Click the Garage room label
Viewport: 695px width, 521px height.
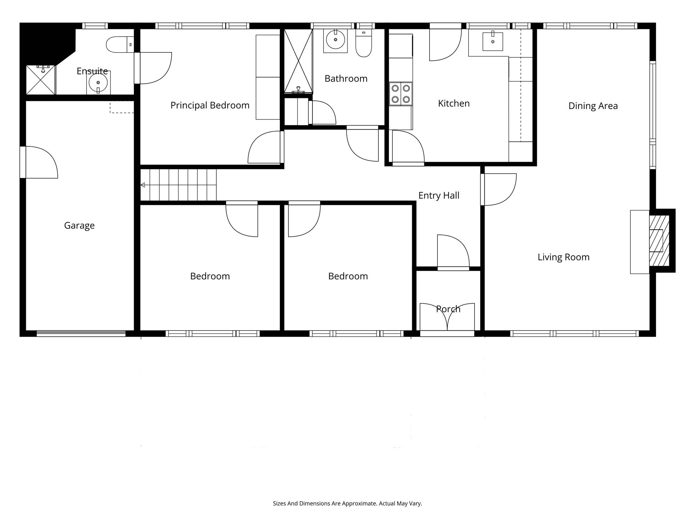click(x=79, y=225)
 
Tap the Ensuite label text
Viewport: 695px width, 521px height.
click(x=92, y=71)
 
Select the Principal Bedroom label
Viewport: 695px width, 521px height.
click(x=210, y=105)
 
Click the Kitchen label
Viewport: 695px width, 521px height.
click(x=454, y=103)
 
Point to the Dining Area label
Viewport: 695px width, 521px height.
click(x=593, y=106)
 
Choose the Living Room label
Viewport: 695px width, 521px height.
click(x=564, y=257)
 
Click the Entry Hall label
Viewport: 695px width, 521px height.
click(x=439, y=196)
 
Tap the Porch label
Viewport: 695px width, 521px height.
click(x=448, y=309)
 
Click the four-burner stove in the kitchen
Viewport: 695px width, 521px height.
click(x=401, y=94)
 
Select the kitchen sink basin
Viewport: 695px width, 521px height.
click(x=493, y=41)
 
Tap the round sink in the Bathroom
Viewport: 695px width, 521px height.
click(x=335, y=40)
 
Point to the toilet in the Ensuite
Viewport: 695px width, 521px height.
click(x=120, y=44)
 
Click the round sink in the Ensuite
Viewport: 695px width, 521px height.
click(x=98, y=83)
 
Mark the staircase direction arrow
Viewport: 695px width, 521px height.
click(x=142, y=185)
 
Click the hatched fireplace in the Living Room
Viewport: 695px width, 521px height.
click(x=659, y=241)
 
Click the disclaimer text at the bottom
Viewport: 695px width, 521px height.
click(x=347, y=503)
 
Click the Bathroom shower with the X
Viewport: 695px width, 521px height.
click(x=299, y=61)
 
